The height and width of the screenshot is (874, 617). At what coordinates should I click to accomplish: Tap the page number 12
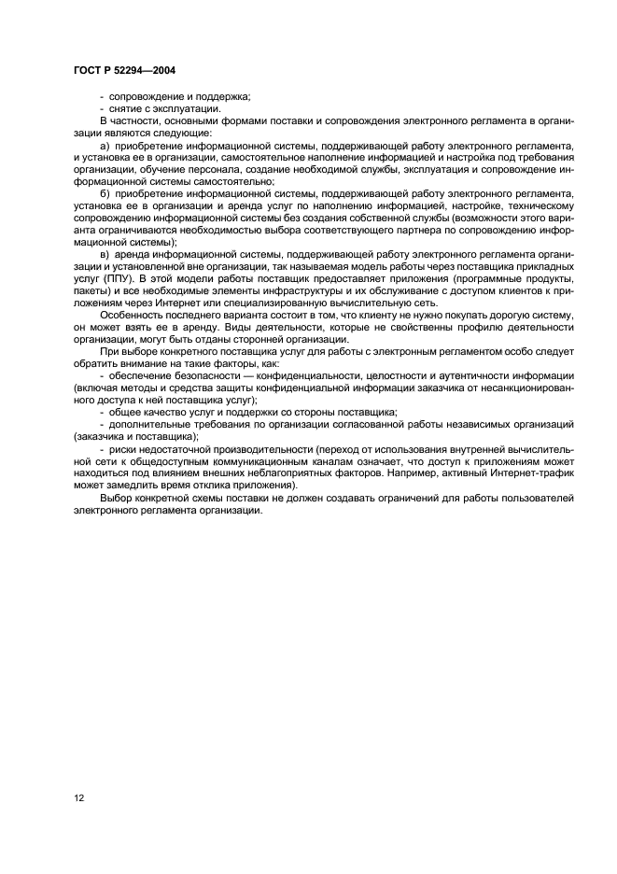[80, 798]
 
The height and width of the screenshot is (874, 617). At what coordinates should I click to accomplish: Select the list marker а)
[104, 146]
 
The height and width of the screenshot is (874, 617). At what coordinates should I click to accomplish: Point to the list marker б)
[104, 192]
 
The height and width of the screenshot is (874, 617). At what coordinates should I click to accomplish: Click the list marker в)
[104, 254]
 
